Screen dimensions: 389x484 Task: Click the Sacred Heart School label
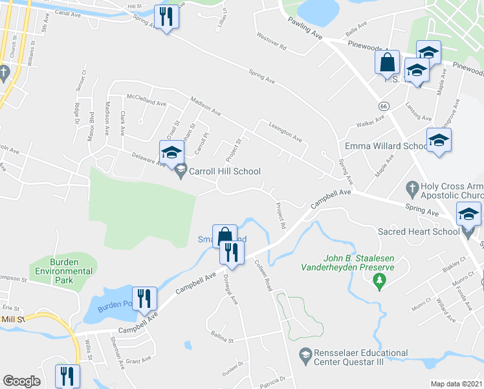point(410,231)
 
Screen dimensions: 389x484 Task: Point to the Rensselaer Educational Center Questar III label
point(362,358)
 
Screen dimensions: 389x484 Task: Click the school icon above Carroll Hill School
point(171,152)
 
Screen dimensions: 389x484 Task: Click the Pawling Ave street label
point(305,29)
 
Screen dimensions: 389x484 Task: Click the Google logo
point(21,381)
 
